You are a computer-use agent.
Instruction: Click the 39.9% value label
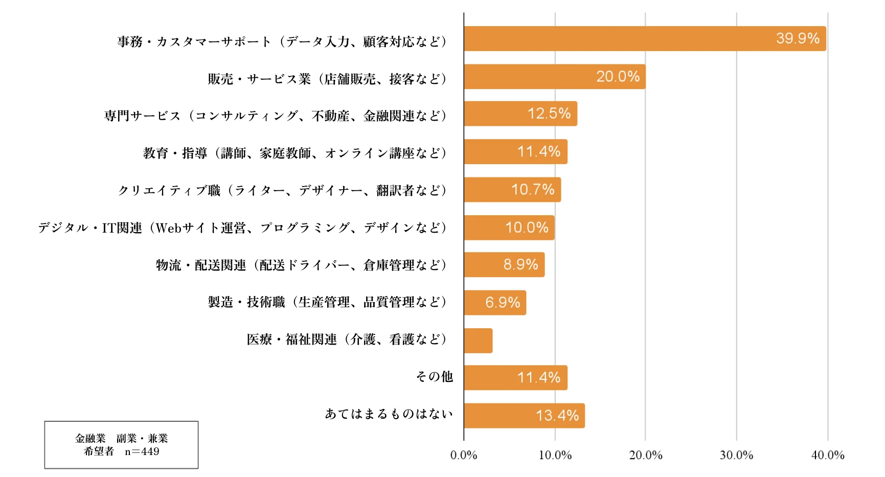(x=798, y=38)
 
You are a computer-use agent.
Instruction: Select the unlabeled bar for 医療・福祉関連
(x=478, y=340)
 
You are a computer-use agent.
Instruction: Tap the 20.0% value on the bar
(x=618, y=77)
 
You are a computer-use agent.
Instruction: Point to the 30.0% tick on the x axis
(x=736, y=455)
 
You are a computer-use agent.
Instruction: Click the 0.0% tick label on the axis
(x=463, y=455)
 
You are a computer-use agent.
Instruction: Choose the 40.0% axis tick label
(x=827, y=455)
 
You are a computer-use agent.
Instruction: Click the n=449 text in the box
(x=142, y=451)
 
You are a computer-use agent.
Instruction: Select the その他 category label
(x=434, y=377)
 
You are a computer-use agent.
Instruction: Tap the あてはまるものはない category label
(x=389, y=414)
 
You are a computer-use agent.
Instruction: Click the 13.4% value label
(x=557, y=416)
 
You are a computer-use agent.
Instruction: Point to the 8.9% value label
(x=520, y=265)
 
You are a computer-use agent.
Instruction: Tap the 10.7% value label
(x=533, y=190)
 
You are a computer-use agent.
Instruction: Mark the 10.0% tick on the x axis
(x=555, y=455)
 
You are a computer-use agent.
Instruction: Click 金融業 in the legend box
(x=90, y=439)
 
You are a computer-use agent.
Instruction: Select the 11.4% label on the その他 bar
(x=538, y=378)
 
